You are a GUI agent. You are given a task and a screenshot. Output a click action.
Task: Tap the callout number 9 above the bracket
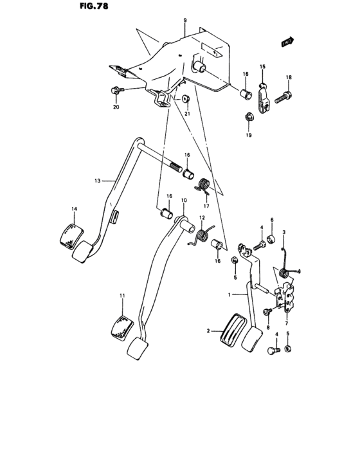pyautogui.click(x=184, y=21)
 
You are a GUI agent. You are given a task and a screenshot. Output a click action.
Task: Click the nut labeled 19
pyautogui.click(x=248, y=117)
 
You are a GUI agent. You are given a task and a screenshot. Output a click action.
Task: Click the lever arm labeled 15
pyautogui.click(x=264, y=95)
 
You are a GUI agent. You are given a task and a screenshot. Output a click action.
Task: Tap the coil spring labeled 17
pyautogui.click(x=203, y=186)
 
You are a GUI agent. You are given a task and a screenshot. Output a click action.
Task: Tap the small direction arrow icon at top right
pyautogui.click(x=287, y=43)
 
